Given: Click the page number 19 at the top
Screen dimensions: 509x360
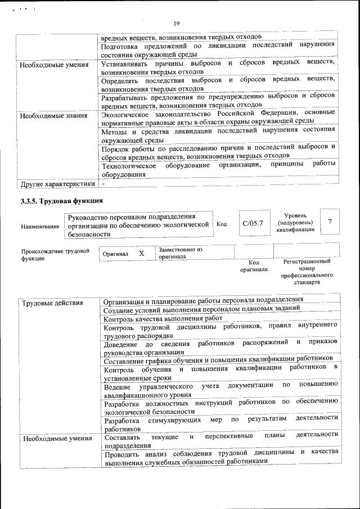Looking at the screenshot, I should coord(176,23).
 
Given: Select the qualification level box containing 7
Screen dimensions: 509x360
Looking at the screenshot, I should coord(330,223).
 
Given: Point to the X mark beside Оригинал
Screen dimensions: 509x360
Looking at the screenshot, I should coord(142,254).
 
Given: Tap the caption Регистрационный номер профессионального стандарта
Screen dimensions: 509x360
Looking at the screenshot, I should coord(307,272).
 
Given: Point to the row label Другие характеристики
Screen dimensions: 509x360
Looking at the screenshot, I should coord(57,183).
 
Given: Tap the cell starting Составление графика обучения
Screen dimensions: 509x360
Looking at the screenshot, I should coord(219,358).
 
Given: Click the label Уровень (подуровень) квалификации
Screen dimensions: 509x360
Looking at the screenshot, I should coord(295,223).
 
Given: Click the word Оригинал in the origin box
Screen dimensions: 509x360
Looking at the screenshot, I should coord(115,254).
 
